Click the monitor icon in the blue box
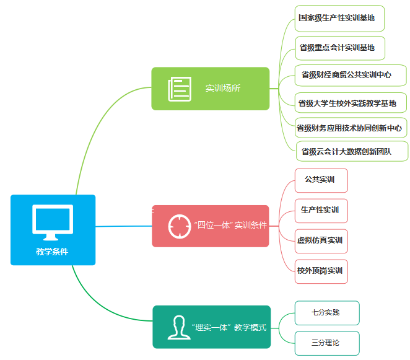point(53,222)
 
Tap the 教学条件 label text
point(53,252)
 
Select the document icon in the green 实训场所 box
point(179,89)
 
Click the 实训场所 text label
point(223,89)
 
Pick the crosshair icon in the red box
point(179,226)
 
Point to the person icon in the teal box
point(178,327)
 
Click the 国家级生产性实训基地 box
point(339,18)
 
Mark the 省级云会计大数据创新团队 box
point(350,151)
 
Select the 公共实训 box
point(321,180)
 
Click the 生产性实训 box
point(321,211)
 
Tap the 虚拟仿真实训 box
point(321,240)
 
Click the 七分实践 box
point(326,313)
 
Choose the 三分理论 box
point(326,343)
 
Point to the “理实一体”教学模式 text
point(229,327)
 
